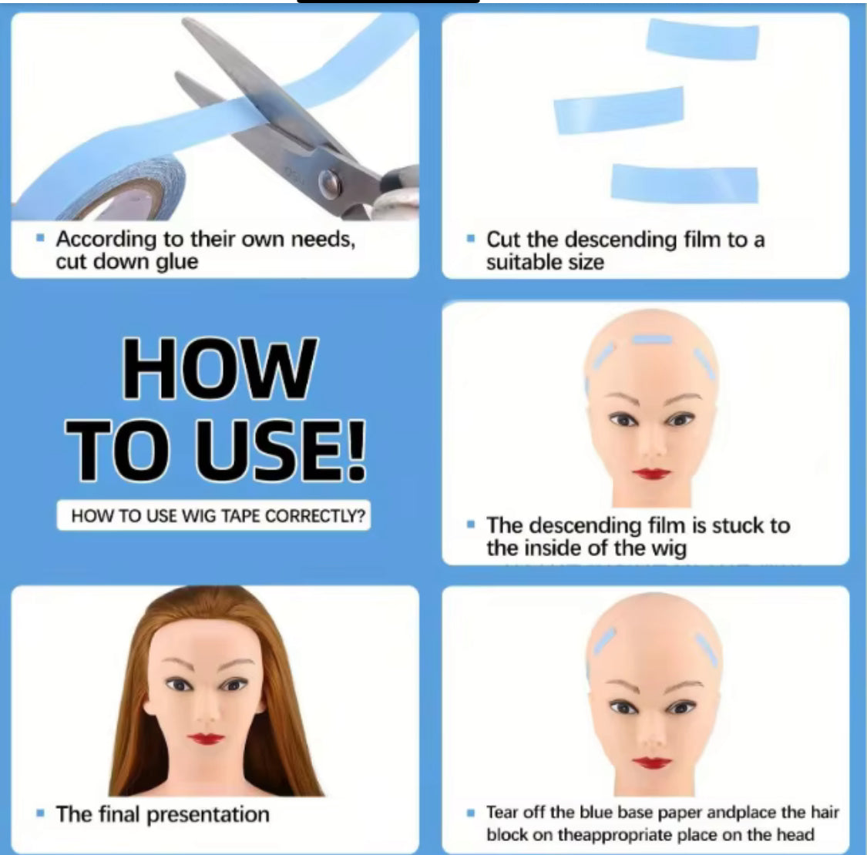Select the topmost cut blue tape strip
coord(702,39)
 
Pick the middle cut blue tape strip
coord(619,110)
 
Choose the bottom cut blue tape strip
coord(684,184)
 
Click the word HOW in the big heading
coord(219,370)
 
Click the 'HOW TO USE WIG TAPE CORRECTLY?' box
coord(213,515)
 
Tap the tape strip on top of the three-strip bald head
coord(652,340)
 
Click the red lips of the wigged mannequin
coord(207,739)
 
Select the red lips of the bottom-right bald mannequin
coord(652,763)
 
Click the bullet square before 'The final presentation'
coord(40,813)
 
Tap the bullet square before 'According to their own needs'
coord(40,239)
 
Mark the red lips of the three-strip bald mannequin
coord(652,473)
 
